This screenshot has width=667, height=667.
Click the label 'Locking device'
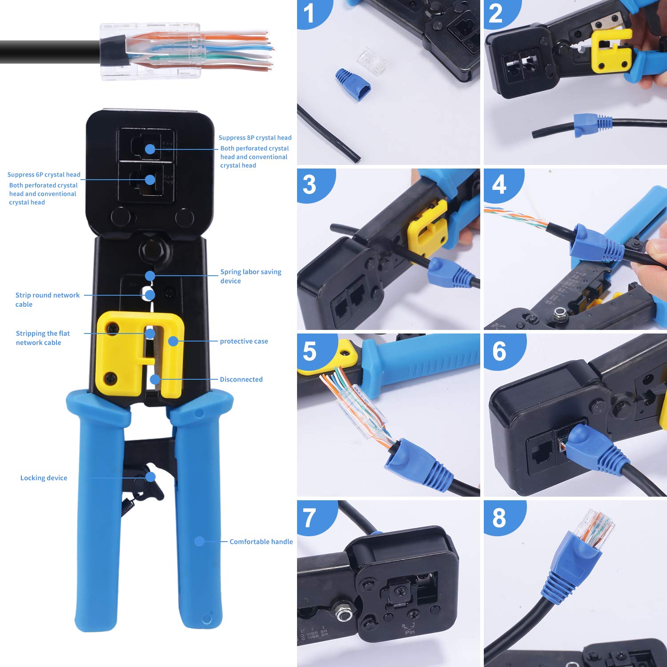tap(44, 478)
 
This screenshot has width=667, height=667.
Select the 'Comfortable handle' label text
tap(261, 542)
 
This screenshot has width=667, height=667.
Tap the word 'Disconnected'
tap(241, 379)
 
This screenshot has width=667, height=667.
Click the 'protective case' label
tap(244, 341)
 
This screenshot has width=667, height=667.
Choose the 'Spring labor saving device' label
tap(250, 276)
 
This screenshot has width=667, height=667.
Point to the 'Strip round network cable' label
tap(47, 300)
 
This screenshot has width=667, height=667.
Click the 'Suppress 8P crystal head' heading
tap(255, 138)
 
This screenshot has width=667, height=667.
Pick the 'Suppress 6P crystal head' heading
tap(44, 175)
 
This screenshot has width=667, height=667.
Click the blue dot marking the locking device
tap(150, 477)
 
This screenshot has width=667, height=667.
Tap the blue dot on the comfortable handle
tap(199, 541)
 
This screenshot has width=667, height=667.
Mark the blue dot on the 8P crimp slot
tap(150, 149)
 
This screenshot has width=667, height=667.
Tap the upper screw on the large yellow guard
tap(112, 329)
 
